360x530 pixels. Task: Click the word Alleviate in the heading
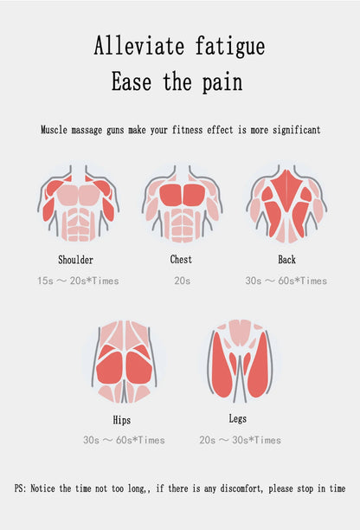point(138,46)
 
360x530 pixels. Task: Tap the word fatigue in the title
point(230,46)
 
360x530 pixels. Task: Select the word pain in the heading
point(222,82)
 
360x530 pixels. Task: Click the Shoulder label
point(75,260)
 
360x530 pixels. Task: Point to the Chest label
point(181,259)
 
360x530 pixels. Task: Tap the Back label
point(286,259)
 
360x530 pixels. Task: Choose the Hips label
point(121,420)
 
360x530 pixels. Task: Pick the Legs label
point(238,418)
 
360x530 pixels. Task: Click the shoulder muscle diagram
point(78,203)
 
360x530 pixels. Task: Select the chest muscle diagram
point(182,204)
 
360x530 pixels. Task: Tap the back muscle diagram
point(286,204)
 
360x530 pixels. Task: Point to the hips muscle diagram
point(125,361)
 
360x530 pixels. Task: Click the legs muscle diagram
point(241,361)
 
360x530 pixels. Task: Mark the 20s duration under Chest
point(183,281)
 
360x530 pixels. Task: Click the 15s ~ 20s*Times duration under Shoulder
point(78,281)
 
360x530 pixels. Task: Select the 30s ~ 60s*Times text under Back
point(286,281)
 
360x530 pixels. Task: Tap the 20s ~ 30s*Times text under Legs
point(240,440)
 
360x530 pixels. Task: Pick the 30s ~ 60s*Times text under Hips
point(124,440)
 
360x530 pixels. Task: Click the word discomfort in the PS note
point(241,488)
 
